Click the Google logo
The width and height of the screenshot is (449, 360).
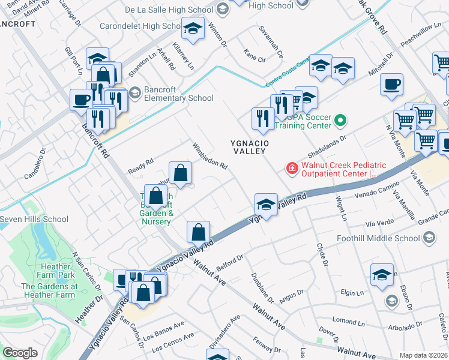point(20,353)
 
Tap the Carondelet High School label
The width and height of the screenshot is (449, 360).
point(146,26)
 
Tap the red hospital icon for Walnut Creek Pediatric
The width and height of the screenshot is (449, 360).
point(292,169)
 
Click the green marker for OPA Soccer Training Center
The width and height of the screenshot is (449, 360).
point(340,121)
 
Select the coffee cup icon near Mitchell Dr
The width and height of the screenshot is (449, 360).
point(391,84)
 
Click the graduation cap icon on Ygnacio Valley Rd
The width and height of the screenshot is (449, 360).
point(266,205)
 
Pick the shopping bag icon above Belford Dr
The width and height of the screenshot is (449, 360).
point(198,232)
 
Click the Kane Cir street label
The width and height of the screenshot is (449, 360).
point(255,58)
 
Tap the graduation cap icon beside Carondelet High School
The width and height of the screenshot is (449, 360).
point(193,29)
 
